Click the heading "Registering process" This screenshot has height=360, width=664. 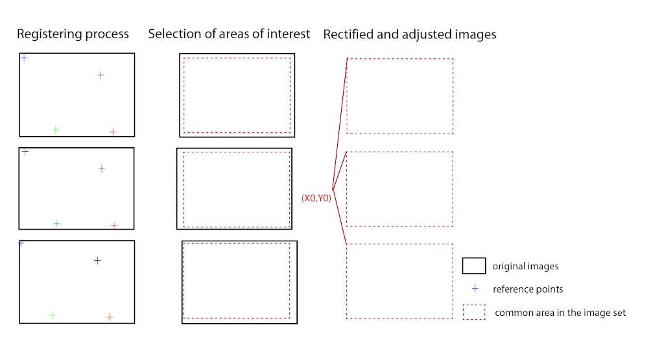pos(73,34)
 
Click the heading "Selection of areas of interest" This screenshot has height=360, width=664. pos(229,34)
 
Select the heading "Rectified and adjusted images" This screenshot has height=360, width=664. pos(410,34)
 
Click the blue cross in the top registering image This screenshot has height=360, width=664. pos(24,58)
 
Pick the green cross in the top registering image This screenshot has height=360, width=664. pos(55,130)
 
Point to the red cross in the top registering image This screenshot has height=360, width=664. pos(113,132)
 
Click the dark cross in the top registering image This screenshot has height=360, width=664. pos(101,75)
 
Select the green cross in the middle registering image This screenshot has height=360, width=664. pos(56,223)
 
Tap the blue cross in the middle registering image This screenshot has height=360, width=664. pos(25,151)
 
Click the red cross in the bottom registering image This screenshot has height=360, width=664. pos(110,317)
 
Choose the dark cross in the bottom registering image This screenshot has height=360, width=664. pos(97,260)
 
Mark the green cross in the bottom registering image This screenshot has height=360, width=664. pos(52,315)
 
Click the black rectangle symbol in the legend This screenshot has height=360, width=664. pos(473,266)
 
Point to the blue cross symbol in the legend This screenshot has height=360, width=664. pos(475,289)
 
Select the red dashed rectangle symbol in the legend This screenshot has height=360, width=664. pos(474,312)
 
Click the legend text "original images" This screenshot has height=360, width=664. pos(525,266)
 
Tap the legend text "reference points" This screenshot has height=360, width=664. pos(528,289)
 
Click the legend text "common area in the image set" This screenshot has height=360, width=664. pos(560,313)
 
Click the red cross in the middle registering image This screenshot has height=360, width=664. pos(114,225)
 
